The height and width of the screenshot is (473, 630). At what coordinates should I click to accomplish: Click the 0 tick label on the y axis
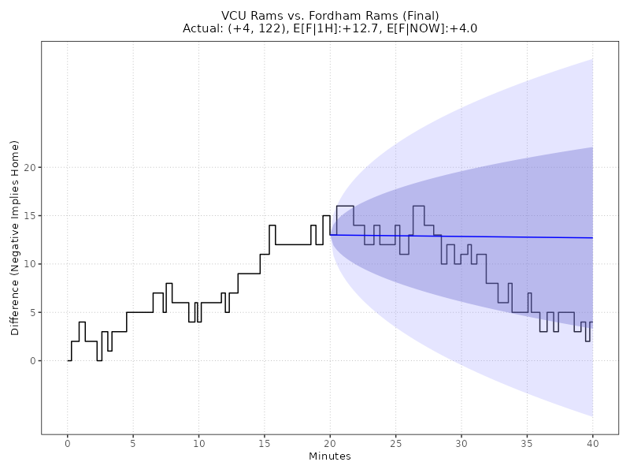click(34, 361)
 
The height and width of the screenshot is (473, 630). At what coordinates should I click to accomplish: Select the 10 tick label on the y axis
click(31, 264)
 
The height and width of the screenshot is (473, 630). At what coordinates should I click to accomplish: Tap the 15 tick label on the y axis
click(31, 215)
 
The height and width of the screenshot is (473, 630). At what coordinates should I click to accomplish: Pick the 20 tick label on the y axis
click(31, 167)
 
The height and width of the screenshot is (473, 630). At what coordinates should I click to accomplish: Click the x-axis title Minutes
click(330, 456)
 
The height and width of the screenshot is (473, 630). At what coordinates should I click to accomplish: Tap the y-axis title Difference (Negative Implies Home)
click(15, 237)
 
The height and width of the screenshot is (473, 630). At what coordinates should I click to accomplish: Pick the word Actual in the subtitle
click(202, 28)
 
